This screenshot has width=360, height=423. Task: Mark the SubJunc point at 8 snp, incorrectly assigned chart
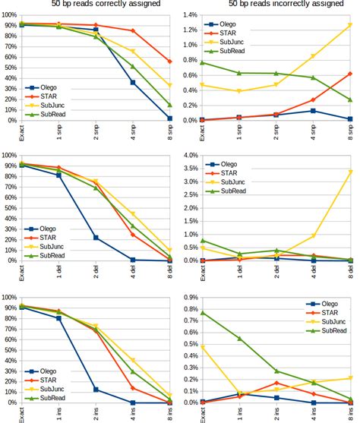(350, 24)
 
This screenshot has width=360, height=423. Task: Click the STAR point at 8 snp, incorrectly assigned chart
(350, 74)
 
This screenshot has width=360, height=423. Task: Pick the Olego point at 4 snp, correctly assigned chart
(133, 82)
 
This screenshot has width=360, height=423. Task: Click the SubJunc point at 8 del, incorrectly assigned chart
(350, 172)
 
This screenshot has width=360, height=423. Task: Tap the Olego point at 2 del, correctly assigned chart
(96, 238)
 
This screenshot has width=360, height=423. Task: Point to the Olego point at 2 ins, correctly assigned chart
(96, 390)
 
